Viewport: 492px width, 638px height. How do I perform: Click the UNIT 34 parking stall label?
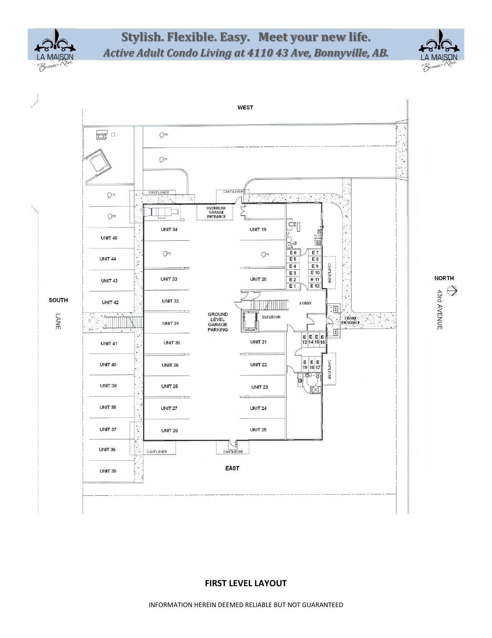point(169,230)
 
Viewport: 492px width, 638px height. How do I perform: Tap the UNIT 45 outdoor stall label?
point(109,238)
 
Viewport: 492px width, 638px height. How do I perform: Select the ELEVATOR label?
point(271,317)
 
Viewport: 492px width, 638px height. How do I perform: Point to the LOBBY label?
point(305,303)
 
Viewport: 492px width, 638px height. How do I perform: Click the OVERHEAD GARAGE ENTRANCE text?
point(216,213)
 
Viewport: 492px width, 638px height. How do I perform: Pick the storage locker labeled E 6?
point(293,253)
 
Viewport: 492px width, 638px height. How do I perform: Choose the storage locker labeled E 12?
point(315,286)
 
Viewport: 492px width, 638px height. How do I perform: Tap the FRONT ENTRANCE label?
point(350,320)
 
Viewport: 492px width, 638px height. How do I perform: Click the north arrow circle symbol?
point(452,290)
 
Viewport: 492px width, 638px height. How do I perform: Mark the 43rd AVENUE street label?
point(440,310)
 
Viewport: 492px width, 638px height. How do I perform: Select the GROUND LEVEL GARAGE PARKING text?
point(218,322)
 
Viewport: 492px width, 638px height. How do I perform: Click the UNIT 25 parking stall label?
point(258,430)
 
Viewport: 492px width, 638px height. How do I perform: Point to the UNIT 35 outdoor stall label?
point(108,471)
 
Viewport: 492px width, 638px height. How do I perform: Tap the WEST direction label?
point(245,107)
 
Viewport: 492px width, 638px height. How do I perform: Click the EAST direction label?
point(232,468)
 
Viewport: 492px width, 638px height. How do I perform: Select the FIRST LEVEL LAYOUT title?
point(245,583)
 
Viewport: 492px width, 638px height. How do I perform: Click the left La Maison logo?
point(55,49)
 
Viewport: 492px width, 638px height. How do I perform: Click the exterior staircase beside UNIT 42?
point(123,322)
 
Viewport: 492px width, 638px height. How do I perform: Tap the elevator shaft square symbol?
point(249,321)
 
